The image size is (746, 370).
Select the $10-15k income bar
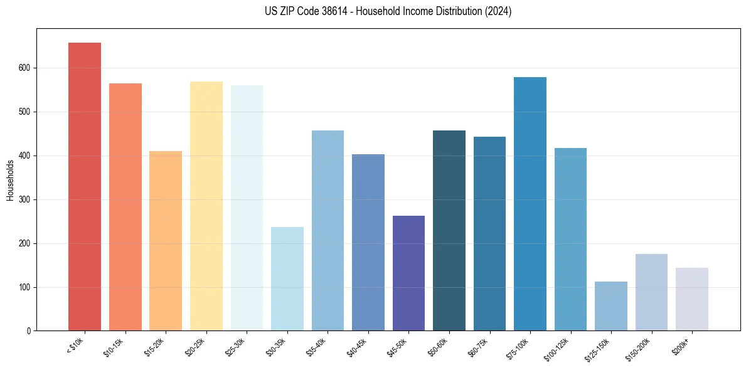coord(125,207)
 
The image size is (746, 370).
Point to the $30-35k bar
coord(287,278)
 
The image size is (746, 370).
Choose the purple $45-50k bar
coord(408,273)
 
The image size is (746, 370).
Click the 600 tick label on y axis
coord(24,68)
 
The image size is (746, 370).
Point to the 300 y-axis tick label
coord(24,199)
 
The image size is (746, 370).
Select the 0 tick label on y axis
coord(29,331)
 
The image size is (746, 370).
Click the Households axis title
coord(10,179)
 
